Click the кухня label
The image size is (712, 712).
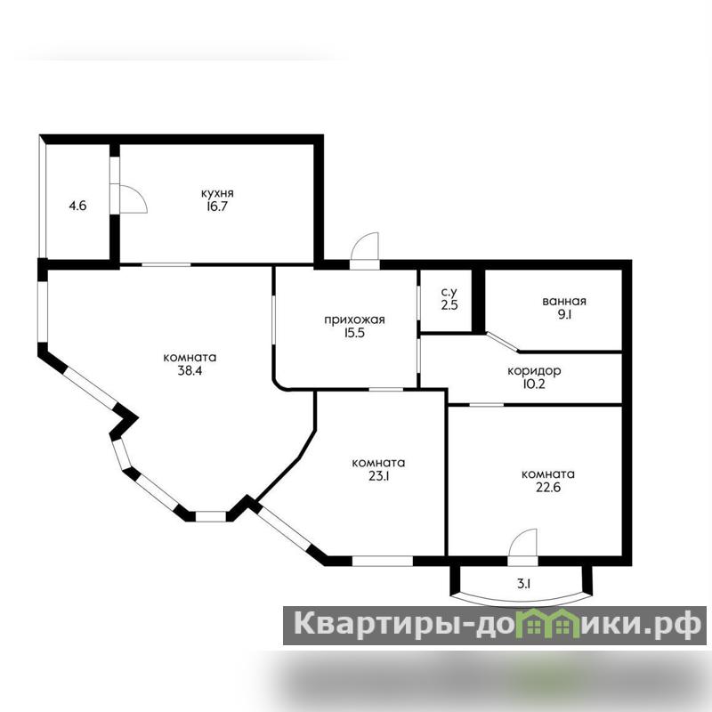click(x=217, y=193)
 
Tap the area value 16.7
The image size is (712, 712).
click(x=217, y=206)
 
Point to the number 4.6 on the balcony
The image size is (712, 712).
click(x=77, y=206)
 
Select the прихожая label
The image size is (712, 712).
click(x=354, y=320)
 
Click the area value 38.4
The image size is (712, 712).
click(x=190, y=370)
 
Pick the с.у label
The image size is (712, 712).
click(x=449, y=293)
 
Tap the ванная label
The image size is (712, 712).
click(x=564, y=301)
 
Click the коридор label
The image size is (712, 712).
click(x=534, y=371)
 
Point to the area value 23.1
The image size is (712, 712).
click(x=379, y=476)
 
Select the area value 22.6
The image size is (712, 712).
click(x=548, y=487)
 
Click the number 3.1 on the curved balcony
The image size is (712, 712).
click(x=524, y=584)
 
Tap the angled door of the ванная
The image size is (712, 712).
click(x=503, y=342)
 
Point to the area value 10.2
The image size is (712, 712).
click(x=534, y=384)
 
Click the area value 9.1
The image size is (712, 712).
click(x=564, y=314)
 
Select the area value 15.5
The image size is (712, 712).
click(x=354, y=333)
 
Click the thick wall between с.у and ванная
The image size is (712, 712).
click(x=478, y=301)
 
